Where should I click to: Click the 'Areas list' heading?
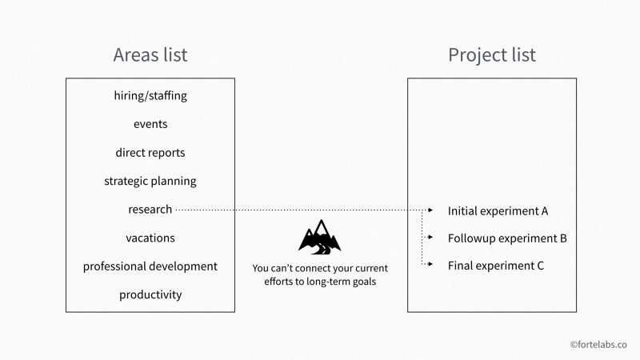click(150, 54)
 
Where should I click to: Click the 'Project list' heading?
click(492, 55)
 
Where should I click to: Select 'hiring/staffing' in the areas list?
click(150, 95)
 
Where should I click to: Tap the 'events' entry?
click(150, 124)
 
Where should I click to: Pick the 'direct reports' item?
click(150, 153)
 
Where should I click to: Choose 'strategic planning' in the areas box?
click(150, 182)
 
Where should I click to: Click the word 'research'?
click(150, 210)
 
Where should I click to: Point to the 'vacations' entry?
click(150, 238)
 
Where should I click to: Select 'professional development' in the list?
click(150, 266)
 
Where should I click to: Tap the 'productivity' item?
click(150, 295)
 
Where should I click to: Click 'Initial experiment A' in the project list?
click(498, 211)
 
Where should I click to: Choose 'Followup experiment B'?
click(507, 238)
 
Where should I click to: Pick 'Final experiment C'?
click(496, 266)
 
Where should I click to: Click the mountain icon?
click(320, 237)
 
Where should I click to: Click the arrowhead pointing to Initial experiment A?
click(430, 210)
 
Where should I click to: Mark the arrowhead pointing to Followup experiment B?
click(430, 237)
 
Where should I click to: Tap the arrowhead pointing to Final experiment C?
click(430, 264)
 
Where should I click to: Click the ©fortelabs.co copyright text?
click(598, 345)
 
